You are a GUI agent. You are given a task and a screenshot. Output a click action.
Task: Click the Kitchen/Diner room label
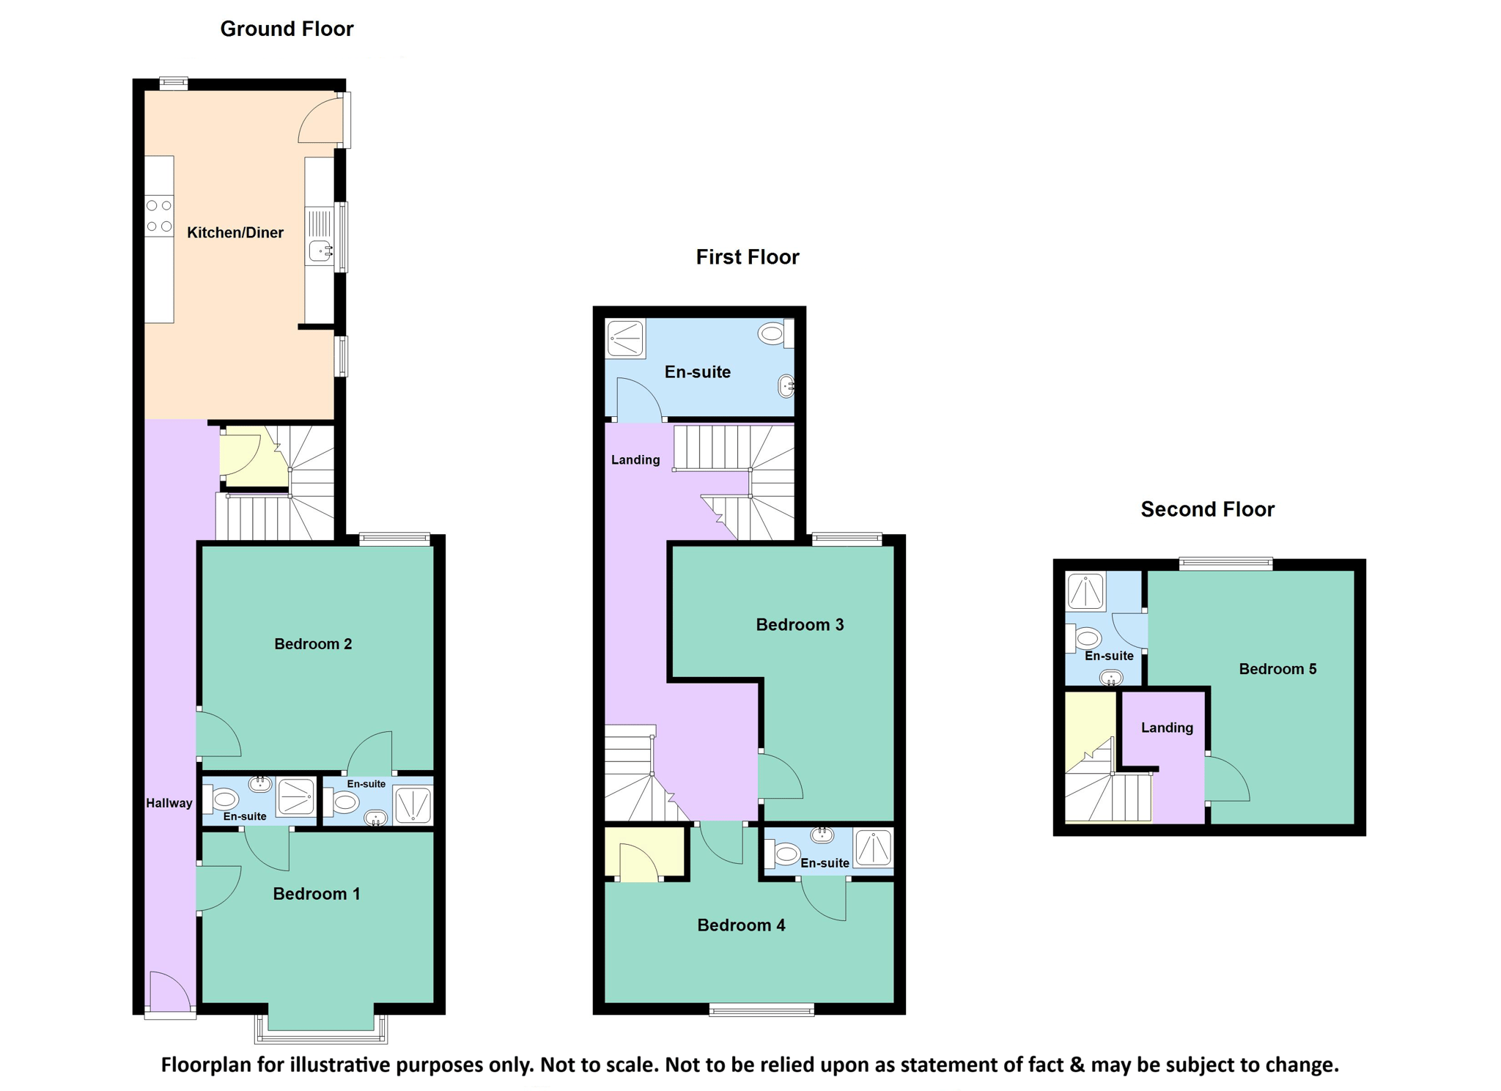tap(235, 233)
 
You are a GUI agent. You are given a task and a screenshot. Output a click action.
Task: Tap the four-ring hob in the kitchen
tap(159, 216)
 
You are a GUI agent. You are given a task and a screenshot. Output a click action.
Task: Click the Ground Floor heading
tap(287, 29)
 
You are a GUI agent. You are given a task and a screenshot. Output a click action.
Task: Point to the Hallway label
tap(169, 803)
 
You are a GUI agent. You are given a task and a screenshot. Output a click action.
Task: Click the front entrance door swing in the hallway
tap(170, 990)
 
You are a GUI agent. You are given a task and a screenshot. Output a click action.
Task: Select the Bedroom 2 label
tap(313, 644)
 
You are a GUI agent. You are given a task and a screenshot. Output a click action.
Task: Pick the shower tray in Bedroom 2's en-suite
tap(413, 805)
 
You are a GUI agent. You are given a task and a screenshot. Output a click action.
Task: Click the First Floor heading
tap(747, 257)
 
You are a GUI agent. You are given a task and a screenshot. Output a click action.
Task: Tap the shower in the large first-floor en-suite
tap(626, 339)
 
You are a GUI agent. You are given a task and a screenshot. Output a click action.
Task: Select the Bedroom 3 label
tap(800, 625)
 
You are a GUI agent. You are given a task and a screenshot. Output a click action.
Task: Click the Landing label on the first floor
tap(635, 460)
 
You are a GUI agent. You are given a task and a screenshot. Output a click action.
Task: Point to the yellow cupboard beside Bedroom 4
tap(645, 851)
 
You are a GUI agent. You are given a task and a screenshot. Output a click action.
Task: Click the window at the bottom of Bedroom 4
tap(761, 1010)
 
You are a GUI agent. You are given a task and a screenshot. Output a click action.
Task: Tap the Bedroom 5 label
tap(1277, 669)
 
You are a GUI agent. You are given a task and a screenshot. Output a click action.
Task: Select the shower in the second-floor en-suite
tap(1085, 591)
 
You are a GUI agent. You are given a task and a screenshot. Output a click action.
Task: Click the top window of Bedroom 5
tap(1225, 563)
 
